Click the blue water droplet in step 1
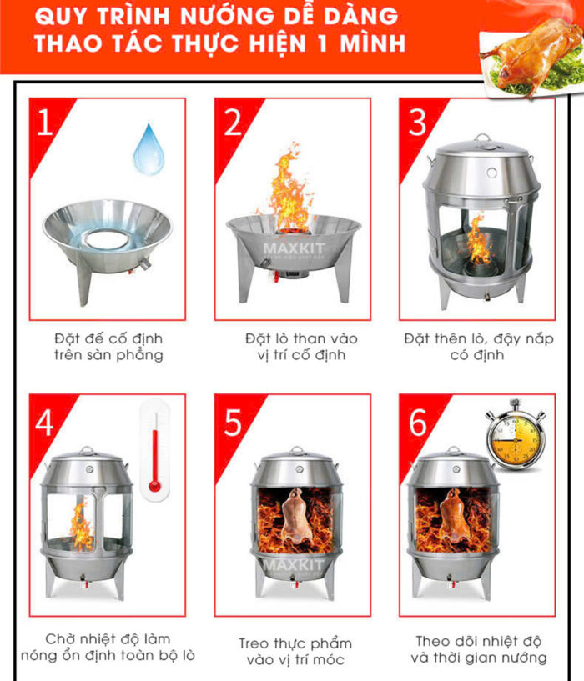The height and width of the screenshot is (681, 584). (x=149, y=150)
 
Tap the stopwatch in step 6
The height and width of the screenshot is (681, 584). (x=516, y=434)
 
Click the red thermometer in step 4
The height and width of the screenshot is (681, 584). (x=155, y=451)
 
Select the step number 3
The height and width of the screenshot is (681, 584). (x=418, y=122)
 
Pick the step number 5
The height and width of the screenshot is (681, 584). (x=233, y=422)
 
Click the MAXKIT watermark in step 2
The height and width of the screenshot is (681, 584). (x=294, y=249)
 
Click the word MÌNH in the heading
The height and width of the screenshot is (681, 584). (x=373, y=43)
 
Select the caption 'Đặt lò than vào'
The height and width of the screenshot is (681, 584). (x=301, y=338)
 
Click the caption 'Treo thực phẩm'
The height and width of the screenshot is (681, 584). (x=295, y=643)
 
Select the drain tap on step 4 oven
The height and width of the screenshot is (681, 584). (x=84, y=581)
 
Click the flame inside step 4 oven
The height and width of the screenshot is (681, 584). (x=81, y=524)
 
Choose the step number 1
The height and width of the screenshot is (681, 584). (x=45, y=122)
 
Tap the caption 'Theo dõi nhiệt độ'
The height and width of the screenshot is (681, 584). (x=478, y=641)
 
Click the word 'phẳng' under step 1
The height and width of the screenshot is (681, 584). (x=139, y=355)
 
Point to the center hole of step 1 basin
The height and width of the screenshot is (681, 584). (x=106, y=239)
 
